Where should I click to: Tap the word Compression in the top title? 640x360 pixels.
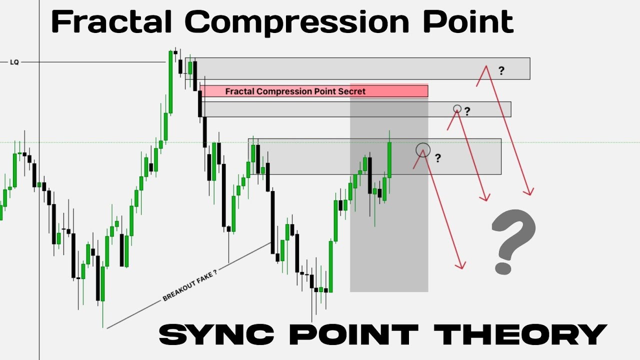[x=295, y=22]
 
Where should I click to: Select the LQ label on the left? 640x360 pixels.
[x=14, y=62]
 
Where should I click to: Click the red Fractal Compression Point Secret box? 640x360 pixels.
[x=314, y=91]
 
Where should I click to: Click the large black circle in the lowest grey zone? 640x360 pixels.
[x=423, y=149]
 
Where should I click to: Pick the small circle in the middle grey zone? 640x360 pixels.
[x=457, y=108]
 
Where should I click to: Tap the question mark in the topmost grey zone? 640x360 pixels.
[x=501, y=71]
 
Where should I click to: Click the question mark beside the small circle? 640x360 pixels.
[x=467, y=111]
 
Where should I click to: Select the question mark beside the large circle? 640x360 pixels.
[x=438, y=158]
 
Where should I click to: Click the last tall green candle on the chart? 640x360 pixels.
[x=389, y=160]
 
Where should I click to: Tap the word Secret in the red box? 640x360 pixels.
[x=352, y=91]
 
